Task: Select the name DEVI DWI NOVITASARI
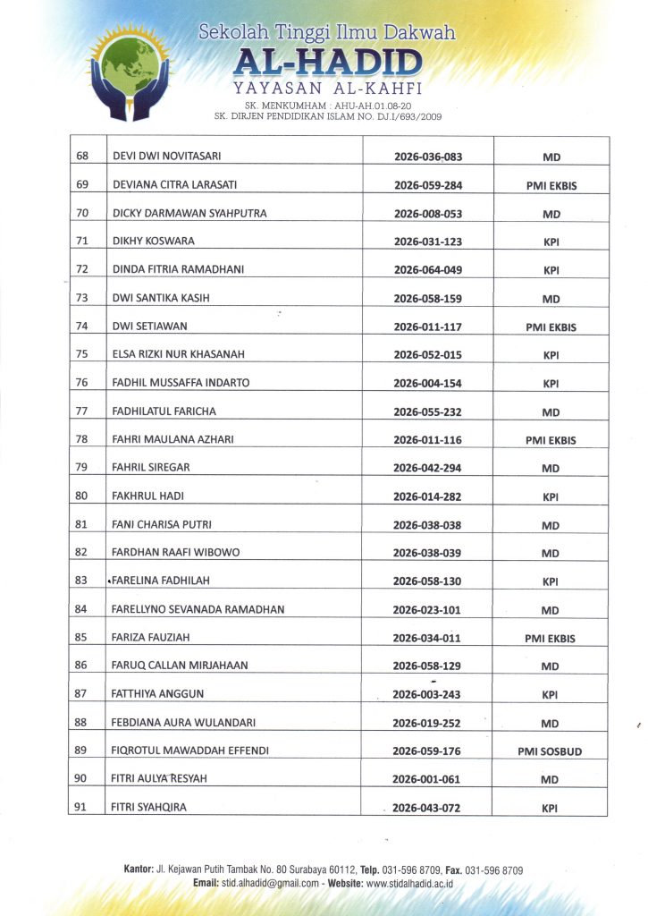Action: [170, 157]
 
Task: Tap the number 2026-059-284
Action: [428, 185]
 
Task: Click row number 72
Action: [82, 269]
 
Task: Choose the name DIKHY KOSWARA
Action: [153, 242]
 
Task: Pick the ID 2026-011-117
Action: [428, 327]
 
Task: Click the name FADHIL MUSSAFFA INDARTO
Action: [181, 383]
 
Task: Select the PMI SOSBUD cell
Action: [550, 751]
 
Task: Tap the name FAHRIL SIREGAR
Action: [151, 467]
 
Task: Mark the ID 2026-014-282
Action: [428, 496]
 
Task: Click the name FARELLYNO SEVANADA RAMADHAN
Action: [198, 609]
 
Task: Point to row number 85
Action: [82, 638]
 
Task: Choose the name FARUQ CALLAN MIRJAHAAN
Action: [180, 666]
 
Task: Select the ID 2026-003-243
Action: [428, 695]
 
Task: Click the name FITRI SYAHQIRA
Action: [149, 808]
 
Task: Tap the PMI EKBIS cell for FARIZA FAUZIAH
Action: [551, 639]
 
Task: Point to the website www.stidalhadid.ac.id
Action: [410, 883]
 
